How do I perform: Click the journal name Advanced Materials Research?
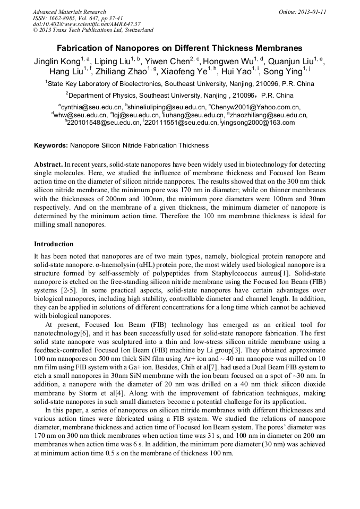(x=69, y=12)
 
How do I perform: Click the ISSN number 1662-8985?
(x=63, y=18)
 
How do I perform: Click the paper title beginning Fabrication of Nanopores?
(x=179, y=48)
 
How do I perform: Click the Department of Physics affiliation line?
(x=181, y=96)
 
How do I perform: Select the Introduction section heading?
(x=54, y=244)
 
